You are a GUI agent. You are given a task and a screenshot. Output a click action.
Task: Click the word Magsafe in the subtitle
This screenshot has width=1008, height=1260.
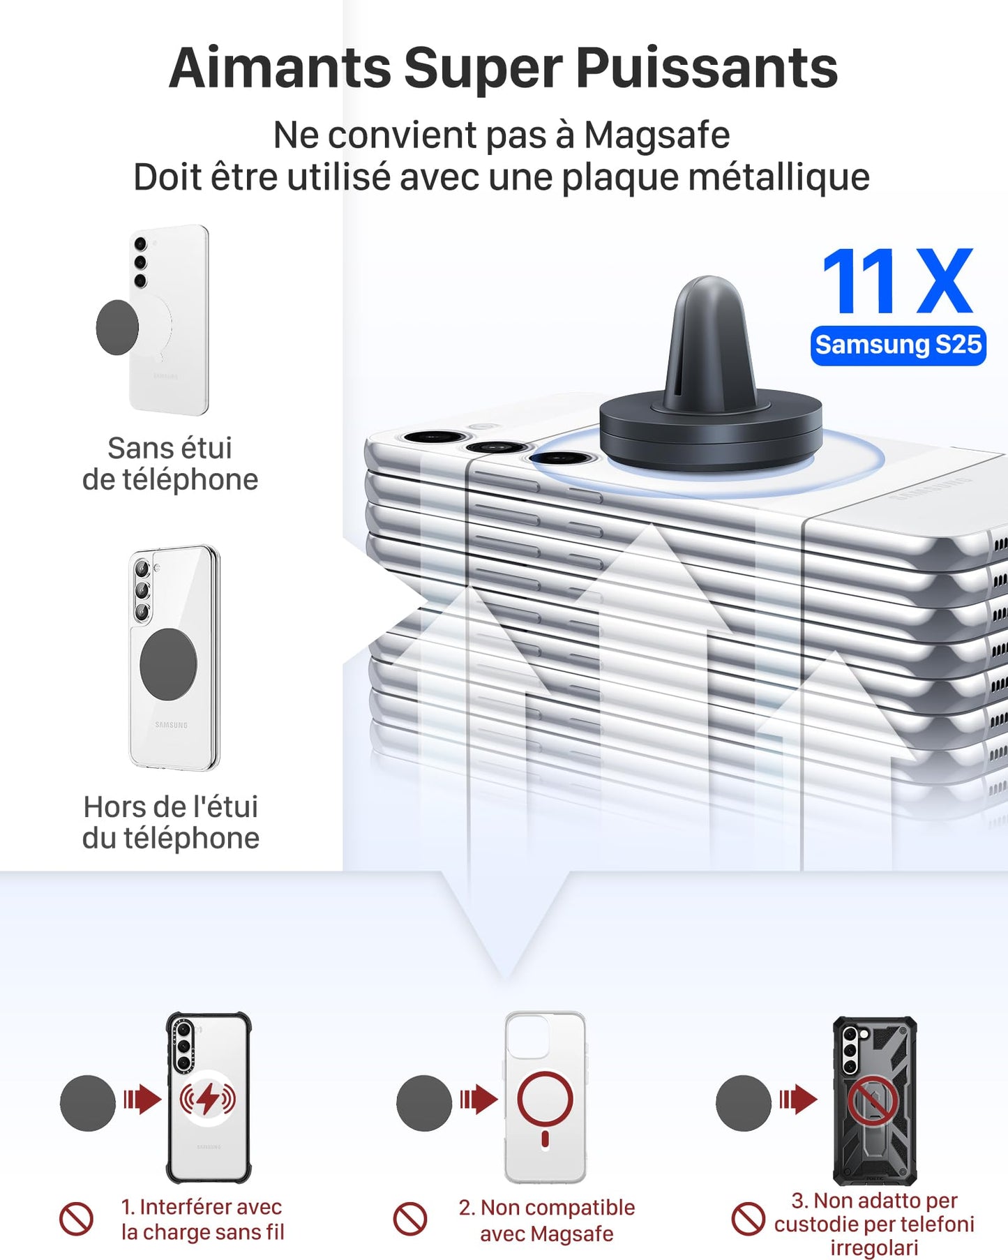pos(656,135)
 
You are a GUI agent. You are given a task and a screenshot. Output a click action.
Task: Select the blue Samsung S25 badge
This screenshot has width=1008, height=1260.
pos(898,345)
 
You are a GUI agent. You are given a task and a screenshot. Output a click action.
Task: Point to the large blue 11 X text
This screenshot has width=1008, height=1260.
pos(897,282)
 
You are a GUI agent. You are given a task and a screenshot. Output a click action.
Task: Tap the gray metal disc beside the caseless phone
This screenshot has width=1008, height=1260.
pos(116,327)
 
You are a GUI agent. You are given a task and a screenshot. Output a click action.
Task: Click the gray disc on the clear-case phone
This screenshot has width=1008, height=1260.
pos(168,663)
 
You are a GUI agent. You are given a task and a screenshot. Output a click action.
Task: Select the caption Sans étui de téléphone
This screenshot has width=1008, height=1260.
pos(170,464)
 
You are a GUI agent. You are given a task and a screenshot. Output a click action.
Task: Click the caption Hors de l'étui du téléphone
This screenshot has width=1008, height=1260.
pos(171,822)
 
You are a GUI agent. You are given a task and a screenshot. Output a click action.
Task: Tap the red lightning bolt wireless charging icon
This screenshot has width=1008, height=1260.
pos(208,1100)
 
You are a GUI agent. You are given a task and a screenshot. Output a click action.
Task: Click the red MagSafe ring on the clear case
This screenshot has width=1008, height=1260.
pos(545,1100)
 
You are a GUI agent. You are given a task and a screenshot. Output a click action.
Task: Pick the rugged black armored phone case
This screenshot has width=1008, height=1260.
pos(875,1100)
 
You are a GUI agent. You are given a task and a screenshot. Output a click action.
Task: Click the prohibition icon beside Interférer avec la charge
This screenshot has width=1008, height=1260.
pos(76,1219)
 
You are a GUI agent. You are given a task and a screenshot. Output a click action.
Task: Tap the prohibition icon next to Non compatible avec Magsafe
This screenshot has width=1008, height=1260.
pos(410,1219)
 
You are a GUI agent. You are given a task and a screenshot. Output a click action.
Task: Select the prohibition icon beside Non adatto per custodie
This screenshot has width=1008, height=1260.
pos(749,1219)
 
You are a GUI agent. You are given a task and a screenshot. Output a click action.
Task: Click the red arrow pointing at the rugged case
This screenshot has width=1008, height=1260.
pos(798,1100)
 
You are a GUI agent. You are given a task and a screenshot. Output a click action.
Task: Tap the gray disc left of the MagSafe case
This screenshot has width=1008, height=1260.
pos(424,1103)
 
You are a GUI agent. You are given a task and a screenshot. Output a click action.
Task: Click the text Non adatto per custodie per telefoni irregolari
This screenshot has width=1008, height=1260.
pos(874,1224)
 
